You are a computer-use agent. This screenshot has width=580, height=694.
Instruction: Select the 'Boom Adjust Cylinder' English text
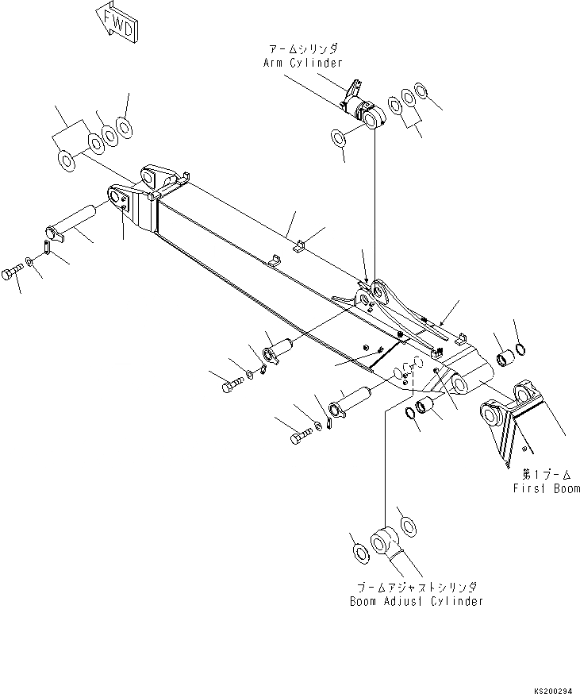point(416,601)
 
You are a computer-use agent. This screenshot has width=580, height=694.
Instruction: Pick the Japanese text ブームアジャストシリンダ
point(416,587)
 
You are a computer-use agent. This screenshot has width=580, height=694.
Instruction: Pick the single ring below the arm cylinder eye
point(339,138)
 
